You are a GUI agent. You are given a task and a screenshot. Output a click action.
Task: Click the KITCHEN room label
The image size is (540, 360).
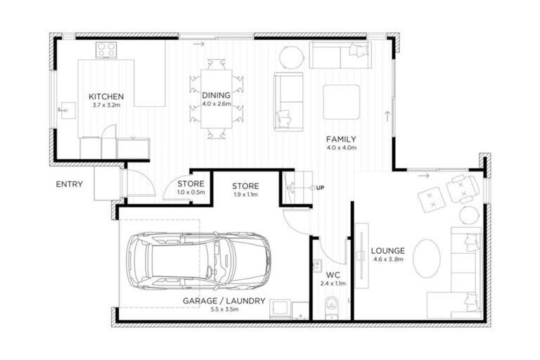(106, 96)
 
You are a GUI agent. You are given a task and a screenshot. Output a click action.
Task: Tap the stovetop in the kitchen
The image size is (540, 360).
(108, 50)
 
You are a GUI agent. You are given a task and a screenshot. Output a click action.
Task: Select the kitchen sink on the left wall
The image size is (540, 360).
(67, 110)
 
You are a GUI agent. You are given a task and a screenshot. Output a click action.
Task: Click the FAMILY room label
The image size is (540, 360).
(342, 139)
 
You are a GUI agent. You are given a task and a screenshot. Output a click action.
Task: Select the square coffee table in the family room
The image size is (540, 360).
(341, 102)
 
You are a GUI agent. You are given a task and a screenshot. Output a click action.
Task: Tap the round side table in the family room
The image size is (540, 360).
(292, 56)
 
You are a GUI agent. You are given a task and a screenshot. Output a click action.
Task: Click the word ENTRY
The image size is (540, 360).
(70, 185)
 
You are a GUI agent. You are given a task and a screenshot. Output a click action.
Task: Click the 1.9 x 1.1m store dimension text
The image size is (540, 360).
(246, 195)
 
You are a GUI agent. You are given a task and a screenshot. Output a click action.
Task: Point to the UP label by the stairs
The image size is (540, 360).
(321, 188)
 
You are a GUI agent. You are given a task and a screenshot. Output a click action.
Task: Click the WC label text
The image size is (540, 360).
(333, 275)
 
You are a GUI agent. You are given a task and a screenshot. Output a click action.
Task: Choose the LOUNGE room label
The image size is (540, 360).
(387, 250)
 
